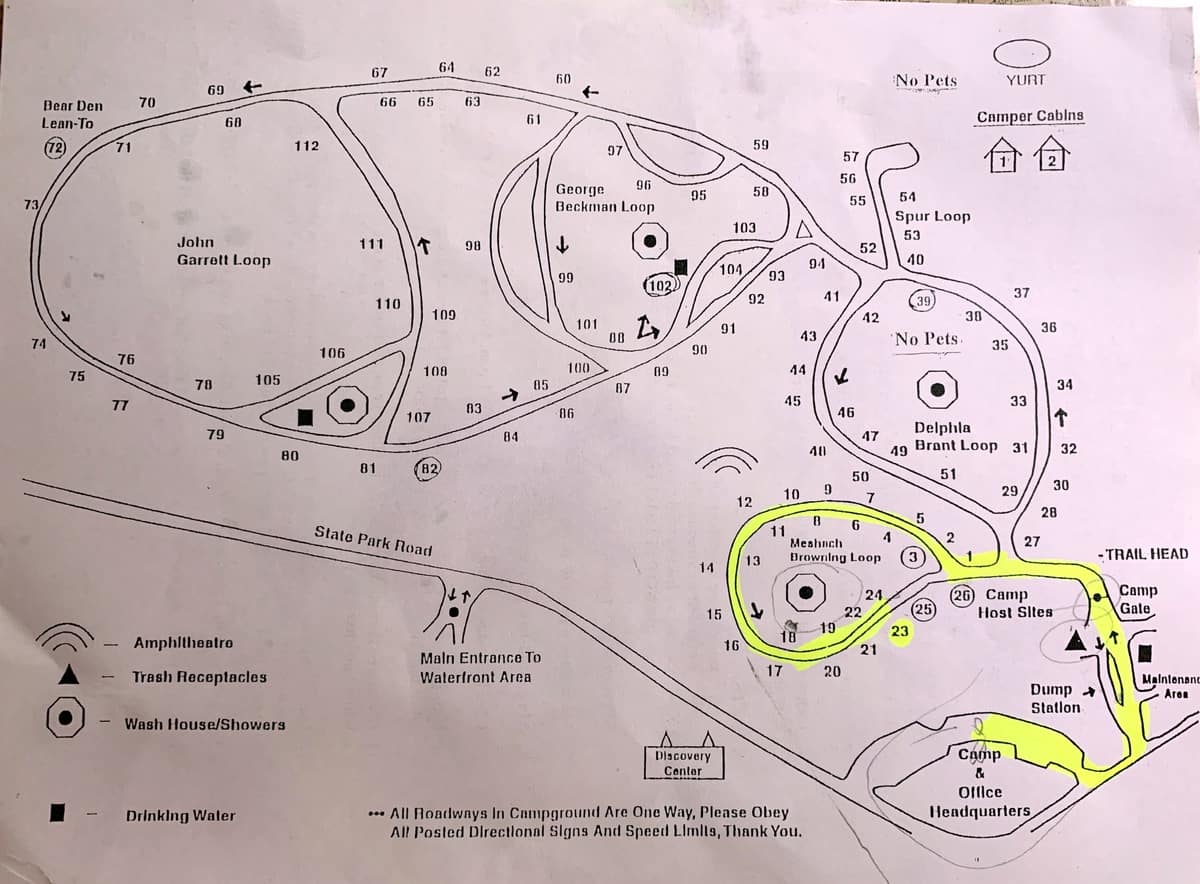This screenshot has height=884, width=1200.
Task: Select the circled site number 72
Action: tap(54, 148)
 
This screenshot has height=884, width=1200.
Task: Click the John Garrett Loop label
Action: tap(223, 251)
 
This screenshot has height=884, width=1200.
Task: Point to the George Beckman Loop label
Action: tap(604, 198)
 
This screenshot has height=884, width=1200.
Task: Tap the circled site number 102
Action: tap(660, 284)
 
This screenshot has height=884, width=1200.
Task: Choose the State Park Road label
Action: tap(374, 541)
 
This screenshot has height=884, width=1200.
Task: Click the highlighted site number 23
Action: tap(900, 631)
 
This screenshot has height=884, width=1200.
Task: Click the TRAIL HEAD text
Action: tap(1146, 554)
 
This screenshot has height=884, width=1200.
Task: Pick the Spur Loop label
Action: tap(932, 216)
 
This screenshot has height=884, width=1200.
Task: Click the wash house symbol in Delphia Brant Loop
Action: tap(939, 388)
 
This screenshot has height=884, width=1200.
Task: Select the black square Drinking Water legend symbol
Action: tap(60, 814)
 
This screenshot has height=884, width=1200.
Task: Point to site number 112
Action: tap(307, 146)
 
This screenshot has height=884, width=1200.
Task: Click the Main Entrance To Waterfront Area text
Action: tap(480, 667)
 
